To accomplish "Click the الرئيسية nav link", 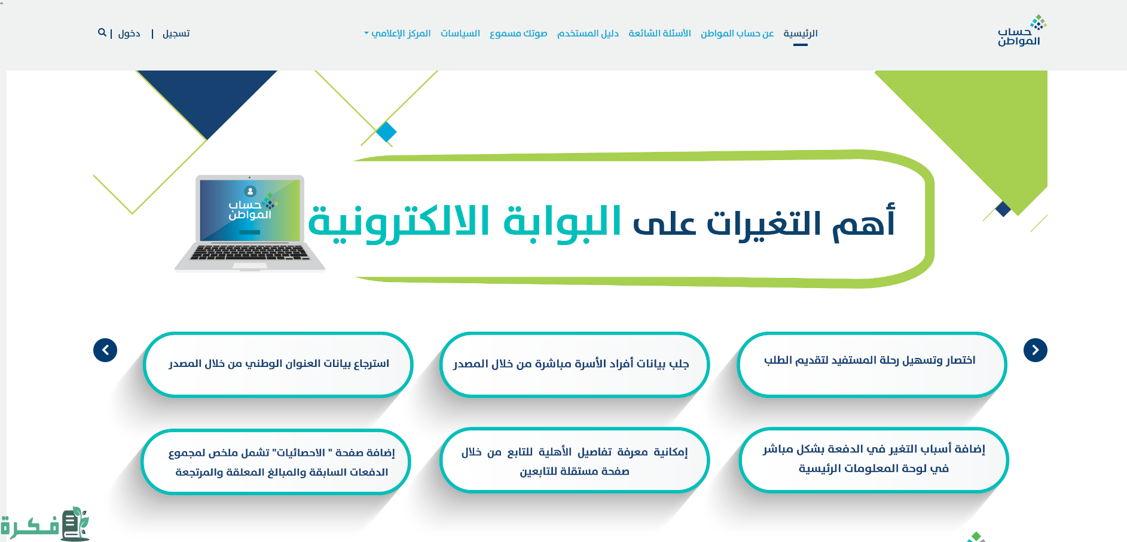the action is pyautogui.click(x=800, y=33).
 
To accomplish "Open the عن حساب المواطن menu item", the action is pyautogui.click(x=737, y=33).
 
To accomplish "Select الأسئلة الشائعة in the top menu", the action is pyautogui.click(x=659, y=33).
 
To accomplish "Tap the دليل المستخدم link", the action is pyautogui.click(x=588, y=33).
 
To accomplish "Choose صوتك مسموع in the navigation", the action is pyautogui.click(x=518, y=33).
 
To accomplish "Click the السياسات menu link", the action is pyautogui.click(x=460, y=33).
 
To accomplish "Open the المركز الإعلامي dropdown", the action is pyautogui.click(x=398, y=33).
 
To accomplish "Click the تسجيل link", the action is pyautogui.click(x=176, y=33).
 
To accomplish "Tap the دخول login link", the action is pyautogui.click(x=129, y=33).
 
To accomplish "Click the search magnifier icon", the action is pyautogui.click(x=102, y=32).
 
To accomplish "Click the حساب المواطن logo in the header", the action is pyautogui.click(x=1022, y=30).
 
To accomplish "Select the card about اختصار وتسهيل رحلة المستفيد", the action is pyautogui.click(x=872, y=365).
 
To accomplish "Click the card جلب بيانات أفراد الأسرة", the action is pyautogui.click(x=574, y=365).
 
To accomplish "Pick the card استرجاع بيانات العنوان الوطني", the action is pyautogui.click(x=278, y=365).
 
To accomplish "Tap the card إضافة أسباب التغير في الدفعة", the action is pyautogui.click(x=873, y=460).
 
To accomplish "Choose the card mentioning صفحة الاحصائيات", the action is pyautogui.click(x=276, y=461).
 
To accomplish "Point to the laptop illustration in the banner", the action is pyautogui.click(x=250, y=223).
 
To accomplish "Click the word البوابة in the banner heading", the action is pyautogui.click(x=562, y=222).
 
